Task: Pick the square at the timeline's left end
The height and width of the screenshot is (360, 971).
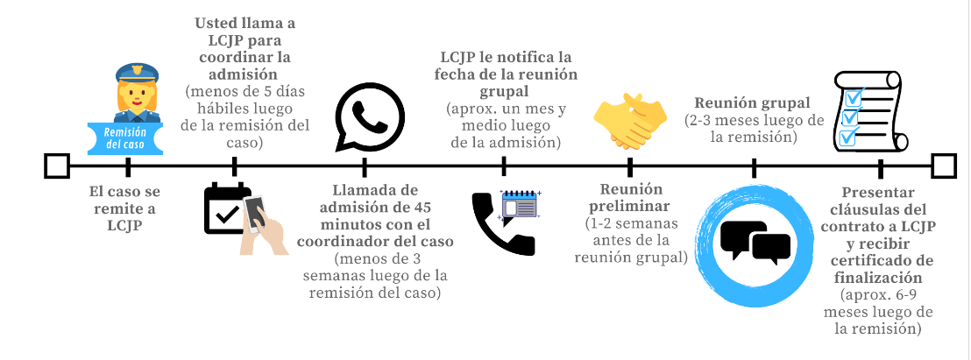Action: pyautogui.click(x=57, y=166)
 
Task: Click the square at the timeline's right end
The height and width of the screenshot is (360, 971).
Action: pyautogui.click(x=944, y=166)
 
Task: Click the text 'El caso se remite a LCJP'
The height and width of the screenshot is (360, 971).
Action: pyautogui.click(x=128, y=208)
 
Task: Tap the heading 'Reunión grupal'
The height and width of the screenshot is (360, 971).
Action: pyautogui.click(x=752, y=102)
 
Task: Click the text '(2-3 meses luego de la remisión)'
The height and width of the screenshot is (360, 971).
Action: pyautogui.click(x=754, y=129)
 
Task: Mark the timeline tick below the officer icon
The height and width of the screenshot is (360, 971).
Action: pyautogui.click(x=129, y=166)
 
